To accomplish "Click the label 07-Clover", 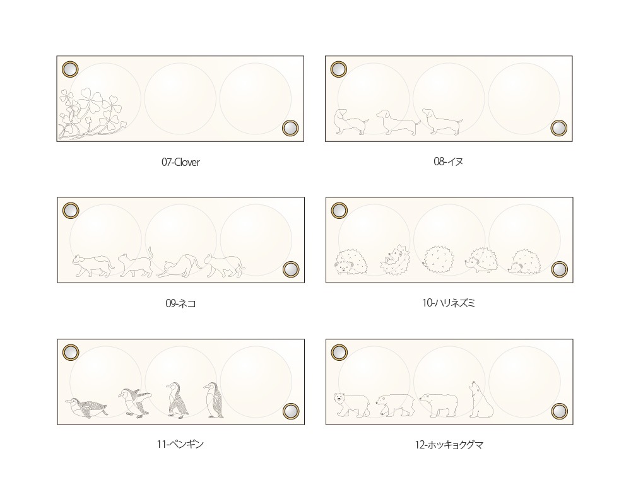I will [x=180, y=162].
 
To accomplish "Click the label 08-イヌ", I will [x=449, y=161].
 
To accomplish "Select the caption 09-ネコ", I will [x=180, y=303].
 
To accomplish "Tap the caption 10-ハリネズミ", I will [x=449, y=303].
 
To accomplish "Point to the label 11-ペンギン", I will [x=180, y=444].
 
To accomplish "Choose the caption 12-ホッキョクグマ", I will [x=449, y=445].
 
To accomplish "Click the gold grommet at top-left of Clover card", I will [x=70, y=69].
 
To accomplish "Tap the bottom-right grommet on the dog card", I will [x=558, y=128].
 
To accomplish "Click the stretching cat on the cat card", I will [x=179, y=267].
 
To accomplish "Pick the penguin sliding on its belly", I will [x=85, y=407].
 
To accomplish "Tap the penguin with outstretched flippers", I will [x=134, y=402].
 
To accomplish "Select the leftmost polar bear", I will [x=351, y=404].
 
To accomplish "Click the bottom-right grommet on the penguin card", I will [x=290, y=411].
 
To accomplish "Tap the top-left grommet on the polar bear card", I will [x=339, y=352].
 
